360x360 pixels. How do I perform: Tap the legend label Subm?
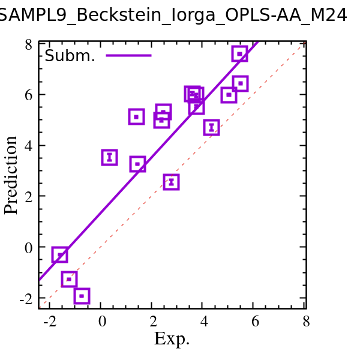70,56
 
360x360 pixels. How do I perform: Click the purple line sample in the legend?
128,56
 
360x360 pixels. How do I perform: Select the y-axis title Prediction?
11,175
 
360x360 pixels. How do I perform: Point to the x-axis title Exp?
172,339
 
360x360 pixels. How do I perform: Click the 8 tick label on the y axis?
28,44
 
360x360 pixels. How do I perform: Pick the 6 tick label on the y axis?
28,95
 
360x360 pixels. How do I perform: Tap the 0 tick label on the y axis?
28,247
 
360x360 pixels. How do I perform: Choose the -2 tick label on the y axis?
26,298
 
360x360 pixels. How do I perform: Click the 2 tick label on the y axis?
28,196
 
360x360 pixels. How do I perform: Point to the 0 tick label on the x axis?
102,321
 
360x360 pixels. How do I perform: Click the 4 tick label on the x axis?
203,321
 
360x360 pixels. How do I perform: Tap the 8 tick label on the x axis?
305,321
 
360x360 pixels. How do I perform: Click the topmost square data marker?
240,54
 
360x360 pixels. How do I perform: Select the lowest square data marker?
82,296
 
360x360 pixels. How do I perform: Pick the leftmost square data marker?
59,255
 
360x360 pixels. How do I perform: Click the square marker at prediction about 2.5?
171,182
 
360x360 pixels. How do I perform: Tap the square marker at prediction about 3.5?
109,157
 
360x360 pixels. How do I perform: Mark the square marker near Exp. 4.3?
211,127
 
